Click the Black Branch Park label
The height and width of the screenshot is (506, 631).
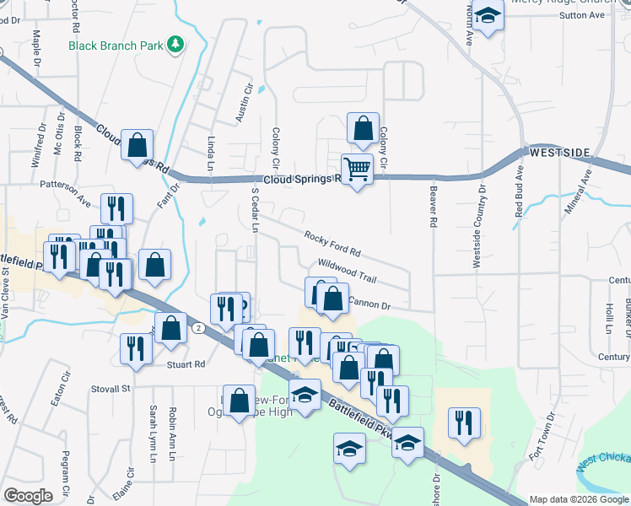pyautogui.click(x=116, y=45)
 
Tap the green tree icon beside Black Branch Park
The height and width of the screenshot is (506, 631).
pyautogui.click(x=175, y=44)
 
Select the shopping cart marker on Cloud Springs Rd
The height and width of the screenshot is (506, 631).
pyautogui.click(x=358, y=170)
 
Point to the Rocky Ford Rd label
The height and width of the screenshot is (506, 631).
pyautogui.click(x=332, y=245)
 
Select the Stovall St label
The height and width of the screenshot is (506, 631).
pyautogui.click(x=112, y=389)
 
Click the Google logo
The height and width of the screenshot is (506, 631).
pyautogui.click(x=29, y=496)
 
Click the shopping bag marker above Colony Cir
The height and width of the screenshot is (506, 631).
pyautogui.click(x=363, y=129)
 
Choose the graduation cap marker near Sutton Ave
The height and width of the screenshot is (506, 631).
pyautogui.click(x=488, y=16)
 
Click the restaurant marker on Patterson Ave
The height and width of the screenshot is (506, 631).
pyautogui.click(x=116, y=209)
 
